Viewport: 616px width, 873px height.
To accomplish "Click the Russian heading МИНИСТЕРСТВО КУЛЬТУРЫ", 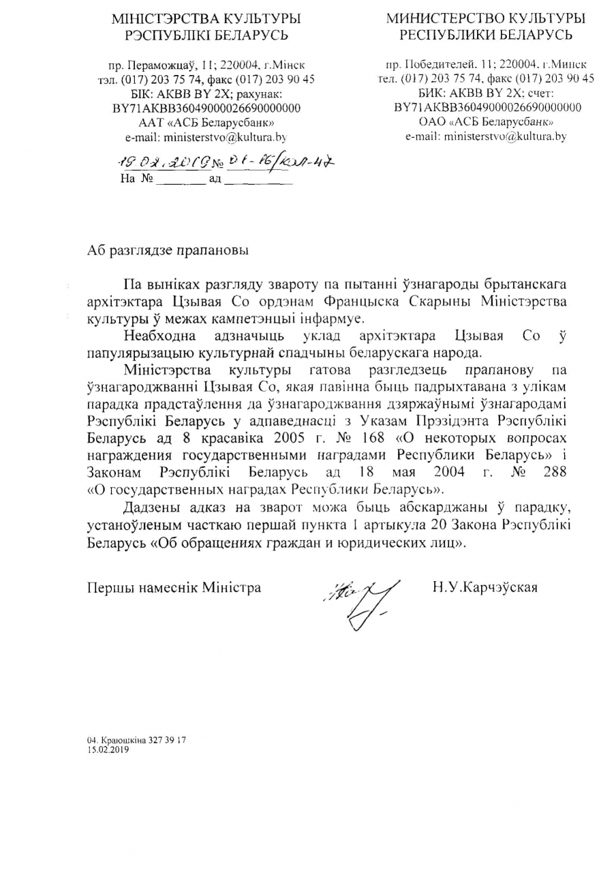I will coord(486,19).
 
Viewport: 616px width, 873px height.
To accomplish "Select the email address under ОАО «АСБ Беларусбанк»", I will coord(486,136).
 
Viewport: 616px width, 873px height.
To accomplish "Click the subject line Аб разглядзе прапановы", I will coord(168,250).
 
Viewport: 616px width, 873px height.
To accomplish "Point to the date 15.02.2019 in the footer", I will coord(108,749).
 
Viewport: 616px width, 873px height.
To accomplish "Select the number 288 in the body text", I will coord(554,472).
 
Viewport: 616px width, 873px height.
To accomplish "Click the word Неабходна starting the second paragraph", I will coord(160,335).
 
